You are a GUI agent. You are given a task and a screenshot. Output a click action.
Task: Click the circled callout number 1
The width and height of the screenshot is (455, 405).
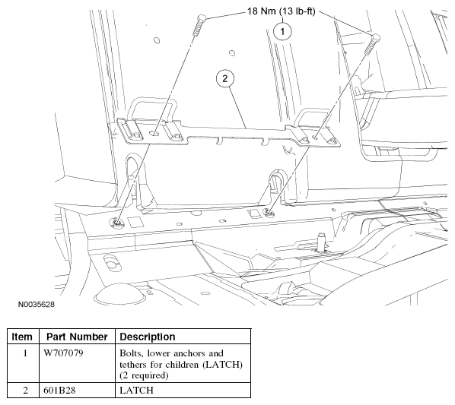coord(282,31)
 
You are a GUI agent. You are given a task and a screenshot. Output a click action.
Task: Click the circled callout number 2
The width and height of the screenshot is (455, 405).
coord(225,78)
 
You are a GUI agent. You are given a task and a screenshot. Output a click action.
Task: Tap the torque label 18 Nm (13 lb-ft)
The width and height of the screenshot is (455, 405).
coord(281,11)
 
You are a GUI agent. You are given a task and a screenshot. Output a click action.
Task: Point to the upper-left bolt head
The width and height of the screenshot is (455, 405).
coord(202,18)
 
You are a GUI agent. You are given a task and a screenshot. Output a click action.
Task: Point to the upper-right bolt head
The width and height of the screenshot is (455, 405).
coord(376,36)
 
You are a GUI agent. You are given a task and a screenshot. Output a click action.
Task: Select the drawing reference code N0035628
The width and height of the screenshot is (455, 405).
coord(37,305)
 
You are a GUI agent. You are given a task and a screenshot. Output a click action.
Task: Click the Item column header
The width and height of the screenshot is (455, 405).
coord(22,337)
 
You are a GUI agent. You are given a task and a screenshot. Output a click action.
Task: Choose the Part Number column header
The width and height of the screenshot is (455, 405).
coord(77,337)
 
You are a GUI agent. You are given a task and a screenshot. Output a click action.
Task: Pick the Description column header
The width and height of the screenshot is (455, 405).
coord(148,337)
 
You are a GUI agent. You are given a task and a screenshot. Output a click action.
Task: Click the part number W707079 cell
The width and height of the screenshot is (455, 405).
coord(63,353)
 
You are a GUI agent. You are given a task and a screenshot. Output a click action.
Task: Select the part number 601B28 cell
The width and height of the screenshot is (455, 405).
coord(59,391)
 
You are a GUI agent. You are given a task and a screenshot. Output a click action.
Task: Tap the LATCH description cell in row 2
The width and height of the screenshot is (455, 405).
coord(136,391)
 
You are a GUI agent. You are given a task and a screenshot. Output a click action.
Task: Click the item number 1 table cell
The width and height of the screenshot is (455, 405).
coord(25,353)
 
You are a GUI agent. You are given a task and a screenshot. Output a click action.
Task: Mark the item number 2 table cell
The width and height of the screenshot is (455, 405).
coord(25,391)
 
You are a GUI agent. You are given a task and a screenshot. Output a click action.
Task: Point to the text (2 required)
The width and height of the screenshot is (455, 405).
coord(144,375)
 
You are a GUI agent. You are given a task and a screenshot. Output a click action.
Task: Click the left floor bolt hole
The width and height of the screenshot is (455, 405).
coord(117,223)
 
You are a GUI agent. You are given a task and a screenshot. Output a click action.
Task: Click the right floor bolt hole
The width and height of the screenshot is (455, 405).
coord(269,213)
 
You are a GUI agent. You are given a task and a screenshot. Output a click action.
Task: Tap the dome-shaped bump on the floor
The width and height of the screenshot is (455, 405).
coord(119,293)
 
